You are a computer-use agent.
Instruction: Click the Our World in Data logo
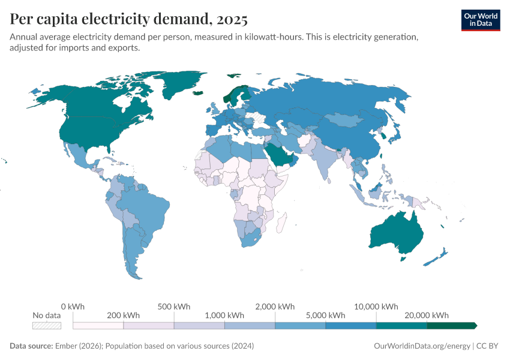pos(480,19)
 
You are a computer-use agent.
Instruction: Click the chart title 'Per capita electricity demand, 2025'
pos(129,19)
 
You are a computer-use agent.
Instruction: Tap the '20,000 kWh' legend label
pos(427,315)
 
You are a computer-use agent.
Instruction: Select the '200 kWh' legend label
pos(124,315)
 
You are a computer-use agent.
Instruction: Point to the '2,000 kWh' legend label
pos(275,306)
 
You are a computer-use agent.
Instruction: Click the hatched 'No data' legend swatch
pos(47,325)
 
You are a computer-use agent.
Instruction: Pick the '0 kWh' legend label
pos(73,306)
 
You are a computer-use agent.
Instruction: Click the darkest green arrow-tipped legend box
pos(451,325)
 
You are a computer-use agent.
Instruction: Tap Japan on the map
pos(397,135)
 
